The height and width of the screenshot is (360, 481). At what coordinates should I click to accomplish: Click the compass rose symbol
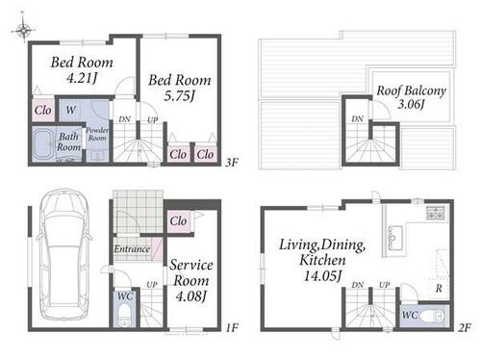(23, 30)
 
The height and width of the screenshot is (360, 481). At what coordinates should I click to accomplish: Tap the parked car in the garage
(64, 254)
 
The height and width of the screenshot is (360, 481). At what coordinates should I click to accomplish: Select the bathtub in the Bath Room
(43, 144)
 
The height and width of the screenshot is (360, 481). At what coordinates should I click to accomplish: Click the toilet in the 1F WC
(124, 315)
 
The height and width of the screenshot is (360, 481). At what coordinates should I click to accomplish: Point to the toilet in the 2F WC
(432, 317)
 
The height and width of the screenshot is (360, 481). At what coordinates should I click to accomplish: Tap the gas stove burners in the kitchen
(436, 213)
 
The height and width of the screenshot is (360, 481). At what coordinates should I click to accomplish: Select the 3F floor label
(232, 163)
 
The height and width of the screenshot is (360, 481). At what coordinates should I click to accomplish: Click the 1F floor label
(232, 327)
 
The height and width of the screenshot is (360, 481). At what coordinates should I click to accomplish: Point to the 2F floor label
(465, 327)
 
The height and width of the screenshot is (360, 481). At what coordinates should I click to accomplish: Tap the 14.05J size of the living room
(322, 275)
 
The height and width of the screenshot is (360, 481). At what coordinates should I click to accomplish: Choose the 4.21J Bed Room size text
(82, 78)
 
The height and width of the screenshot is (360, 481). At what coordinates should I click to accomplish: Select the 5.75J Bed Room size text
(180, 95)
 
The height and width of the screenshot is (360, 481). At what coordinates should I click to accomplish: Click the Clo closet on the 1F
(178, 220)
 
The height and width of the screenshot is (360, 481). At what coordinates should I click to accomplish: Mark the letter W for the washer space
(71, 110)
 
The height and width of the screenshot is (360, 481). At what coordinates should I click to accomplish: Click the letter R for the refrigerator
(439, 289)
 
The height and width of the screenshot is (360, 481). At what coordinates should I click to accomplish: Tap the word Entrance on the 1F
(132, 249)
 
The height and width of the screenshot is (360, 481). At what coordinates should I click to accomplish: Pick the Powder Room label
(97, 134)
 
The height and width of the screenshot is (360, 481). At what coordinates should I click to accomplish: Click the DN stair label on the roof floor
(357, 119)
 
